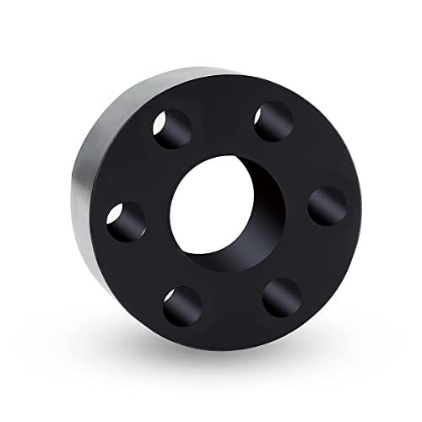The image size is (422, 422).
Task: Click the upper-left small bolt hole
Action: [x=171, y=128]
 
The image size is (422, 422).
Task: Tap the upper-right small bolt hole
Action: [x=273, y=121]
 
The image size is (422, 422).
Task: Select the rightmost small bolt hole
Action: [x=327, y=205]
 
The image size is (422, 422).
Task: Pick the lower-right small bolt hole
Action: [x=282, y=297]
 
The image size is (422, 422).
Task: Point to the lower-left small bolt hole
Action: [x=182, y=306]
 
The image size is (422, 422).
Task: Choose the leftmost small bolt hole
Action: [x=126, y=222]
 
